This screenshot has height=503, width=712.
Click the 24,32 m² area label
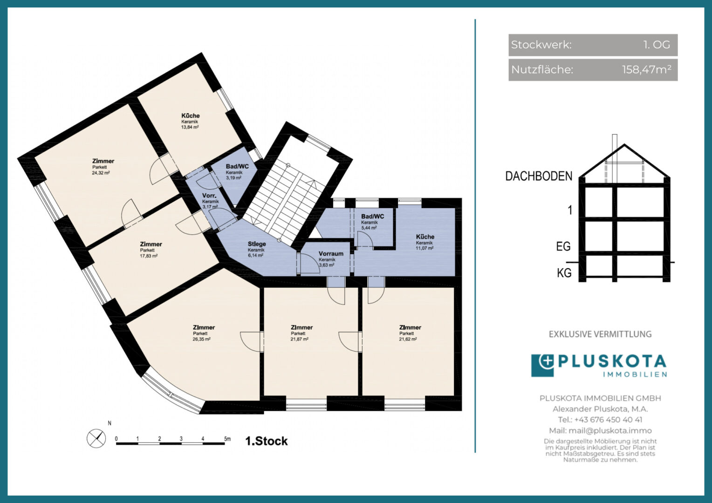point(101,173)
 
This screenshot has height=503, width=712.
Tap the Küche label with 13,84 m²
point(191,116)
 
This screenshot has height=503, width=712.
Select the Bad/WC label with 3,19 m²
point(237,166)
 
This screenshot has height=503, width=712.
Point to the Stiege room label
point(257,244)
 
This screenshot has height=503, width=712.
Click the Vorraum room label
point(331,253)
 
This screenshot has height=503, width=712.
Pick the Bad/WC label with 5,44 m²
point(372,217)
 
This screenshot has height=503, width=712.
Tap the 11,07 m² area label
point(424,248)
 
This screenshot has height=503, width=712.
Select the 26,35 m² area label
point(201,339)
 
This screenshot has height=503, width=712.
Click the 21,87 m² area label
point(300,339)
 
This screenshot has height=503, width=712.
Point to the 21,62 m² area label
point(408,339)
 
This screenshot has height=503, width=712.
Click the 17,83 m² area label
point(149,256)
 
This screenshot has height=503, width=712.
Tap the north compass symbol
point(96,439)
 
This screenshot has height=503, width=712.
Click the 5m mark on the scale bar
point(227,439)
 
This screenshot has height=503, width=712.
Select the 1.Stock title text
point(267,441)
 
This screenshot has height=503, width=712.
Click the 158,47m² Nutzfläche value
point(647,69)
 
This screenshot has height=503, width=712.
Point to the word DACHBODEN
point(539,176)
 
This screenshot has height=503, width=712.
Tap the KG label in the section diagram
point(564,273)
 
